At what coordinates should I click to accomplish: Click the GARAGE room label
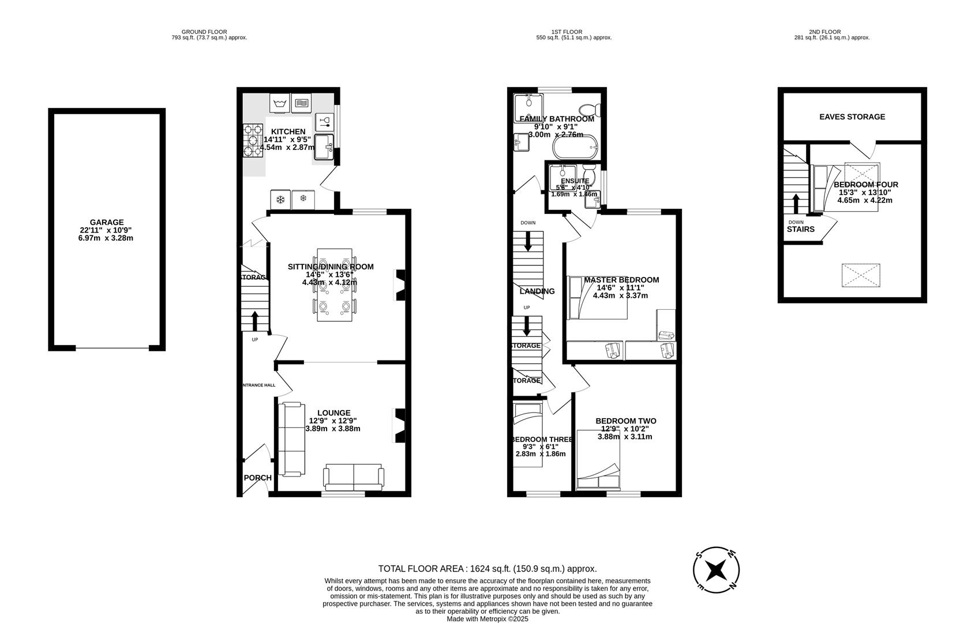(x=106, y=222)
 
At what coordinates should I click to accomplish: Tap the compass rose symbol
(x=716, y=570)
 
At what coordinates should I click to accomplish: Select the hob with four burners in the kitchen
(x=252, y=141)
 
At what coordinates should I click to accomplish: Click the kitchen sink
(x=324, y=147)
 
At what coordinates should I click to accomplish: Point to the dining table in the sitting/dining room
(x=335, y=284)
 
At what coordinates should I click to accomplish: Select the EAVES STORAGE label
(x=852, y=117)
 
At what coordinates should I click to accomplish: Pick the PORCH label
(x=257, y=478)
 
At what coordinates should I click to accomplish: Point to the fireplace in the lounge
(x=399, y=426)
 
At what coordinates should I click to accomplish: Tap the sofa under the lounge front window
(x=354, y=477)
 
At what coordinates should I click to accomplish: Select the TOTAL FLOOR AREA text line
(x=487, y=568)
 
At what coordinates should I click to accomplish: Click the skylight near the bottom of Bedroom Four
(x=861, y=276)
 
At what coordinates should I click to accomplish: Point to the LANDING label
(x=537, y=291)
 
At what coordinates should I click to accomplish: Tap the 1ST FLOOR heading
(x=566, y=32)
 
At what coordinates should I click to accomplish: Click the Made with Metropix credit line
(x=487, y=618)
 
